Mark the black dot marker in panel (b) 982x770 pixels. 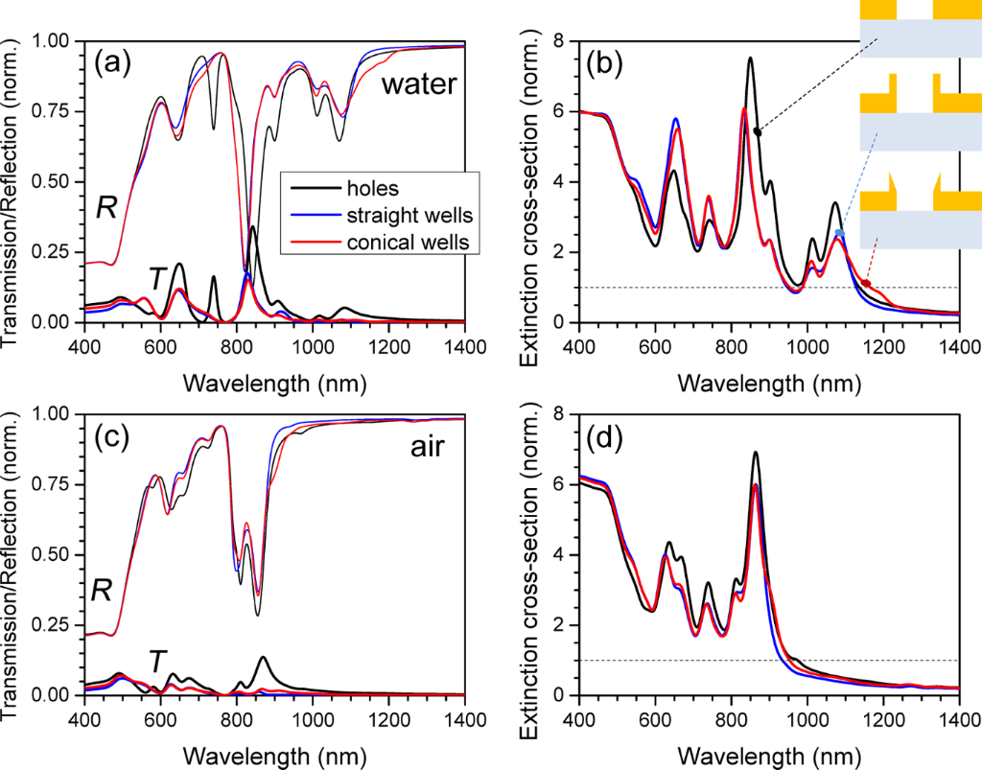pyautogui.click(x=758, y=131)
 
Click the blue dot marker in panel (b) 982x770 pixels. pyautogui.click(x=840, y=233)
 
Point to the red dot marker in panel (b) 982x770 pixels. pyautogui.click(x=866, y=283)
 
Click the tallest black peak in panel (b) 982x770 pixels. pyautogui.click(x=750, y=58)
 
